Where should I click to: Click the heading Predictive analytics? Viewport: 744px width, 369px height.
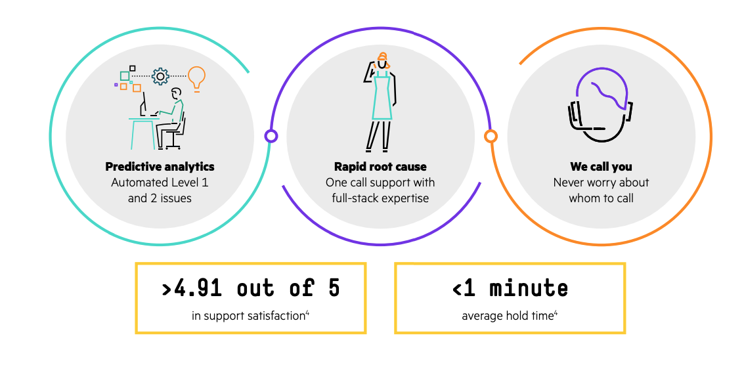coord(160,167)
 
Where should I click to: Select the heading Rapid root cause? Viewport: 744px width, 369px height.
coord(380,167)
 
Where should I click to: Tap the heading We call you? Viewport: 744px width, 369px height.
coord(601,167)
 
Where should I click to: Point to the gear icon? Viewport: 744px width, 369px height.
coord(160,77)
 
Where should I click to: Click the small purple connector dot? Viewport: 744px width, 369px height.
coord(271,136)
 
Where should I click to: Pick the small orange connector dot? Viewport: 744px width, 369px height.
coord(491,136)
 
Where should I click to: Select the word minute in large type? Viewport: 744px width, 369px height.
coord(529,288)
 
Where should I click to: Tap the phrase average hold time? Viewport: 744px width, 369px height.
coord(507,316)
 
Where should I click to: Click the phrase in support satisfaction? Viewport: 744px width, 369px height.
coord(248,316)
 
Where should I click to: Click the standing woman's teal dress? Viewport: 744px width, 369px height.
coord(382,98)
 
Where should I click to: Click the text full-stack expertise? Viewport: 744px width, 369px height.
coord(380,198)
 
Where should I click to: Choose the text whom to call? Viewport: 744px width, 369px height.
coord(601,198)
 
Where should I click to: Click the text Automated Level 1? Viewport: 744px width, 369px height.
coord(160,183)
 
